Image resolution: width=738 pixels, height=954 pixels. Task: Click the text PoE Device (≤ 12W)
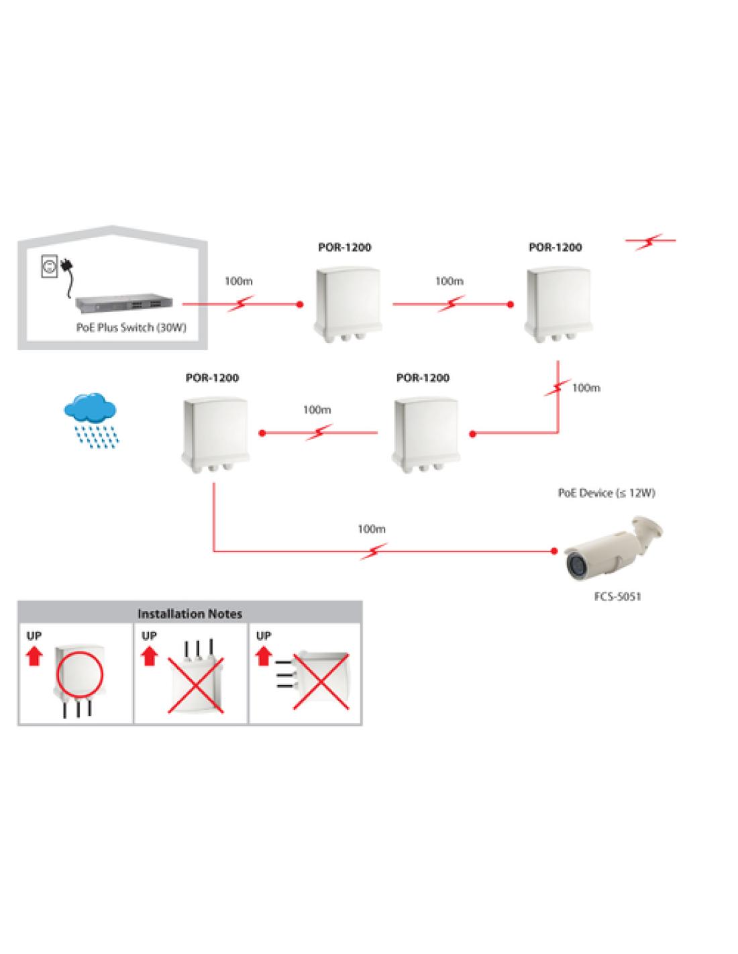[x=607, y=493]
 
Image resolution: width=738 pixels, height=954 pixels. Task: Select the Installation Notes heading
[x=190, y=614]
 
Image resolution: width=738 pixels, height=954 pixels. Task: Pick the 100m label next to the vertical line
[x=586, y=388]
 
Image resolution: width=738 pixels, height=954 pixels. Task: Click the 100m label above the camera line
[x=372, y=529]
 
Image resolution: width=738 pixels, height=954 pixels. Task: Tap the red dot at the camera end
[x=553, y=551]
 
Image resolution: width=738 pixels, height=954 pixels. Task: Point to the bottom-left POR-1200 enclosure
[x=215, y=435]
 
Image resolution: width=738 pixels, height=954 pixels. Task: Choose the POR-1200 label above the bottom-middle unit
[x=423, y=378]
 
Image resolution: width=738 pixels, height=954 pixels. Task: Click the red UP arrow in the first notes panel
[x=34, y=656]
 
